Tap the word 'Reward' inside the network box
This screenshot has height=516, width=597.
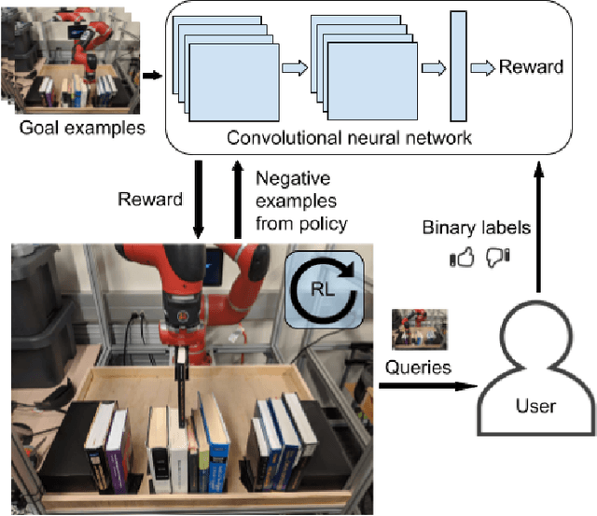tap(531, 66)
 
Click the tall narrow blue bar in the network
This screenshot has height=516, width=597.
tap(458, 66)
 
